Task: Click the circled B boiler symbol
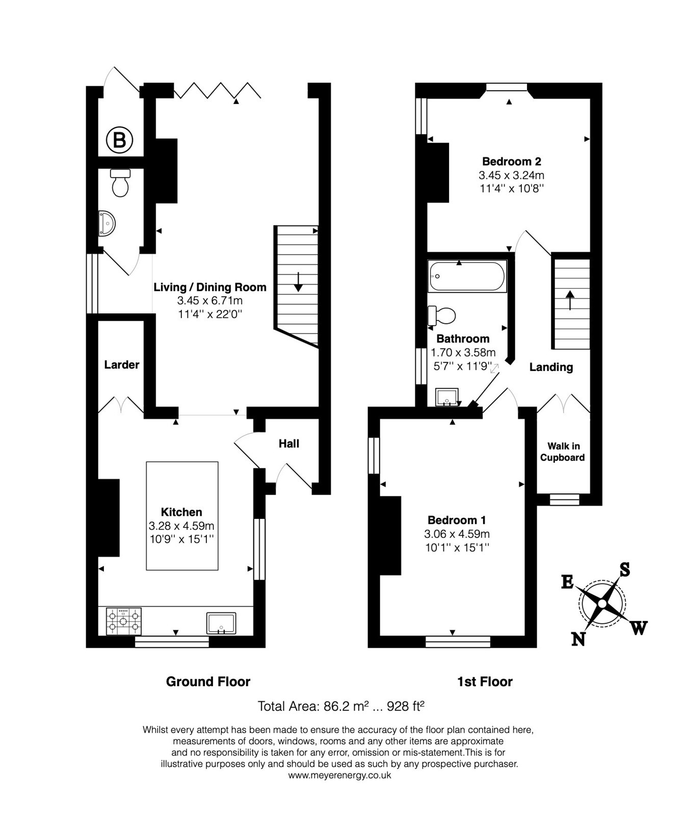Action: point(119,139)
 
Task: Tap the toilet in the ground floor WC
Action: point(120,183)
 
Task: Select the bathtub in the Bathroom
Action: point(467,276)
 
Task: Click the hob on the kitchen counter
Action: point(123,621)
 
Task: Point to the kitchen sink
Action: point(221,623)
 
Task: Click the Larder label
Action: point(121,365)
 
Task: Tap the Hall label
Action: point(288,444)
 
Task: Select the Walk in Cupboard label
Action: point(563,452)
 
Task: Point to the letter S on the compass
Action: point(624,569)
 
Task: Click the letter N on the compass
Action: point(578,639)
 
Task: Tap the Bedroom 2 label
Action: point(511,162)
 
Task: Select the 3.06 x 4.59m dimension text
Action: point(457,534)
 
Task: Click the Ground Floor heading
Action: point(208,682)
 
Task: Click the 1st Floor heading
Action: point(484,682)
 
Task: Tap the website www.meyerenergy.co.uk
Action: point(339,775)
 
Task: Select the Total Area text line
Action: point(341,707)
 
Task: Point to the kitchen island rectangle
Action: point(182,515)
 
